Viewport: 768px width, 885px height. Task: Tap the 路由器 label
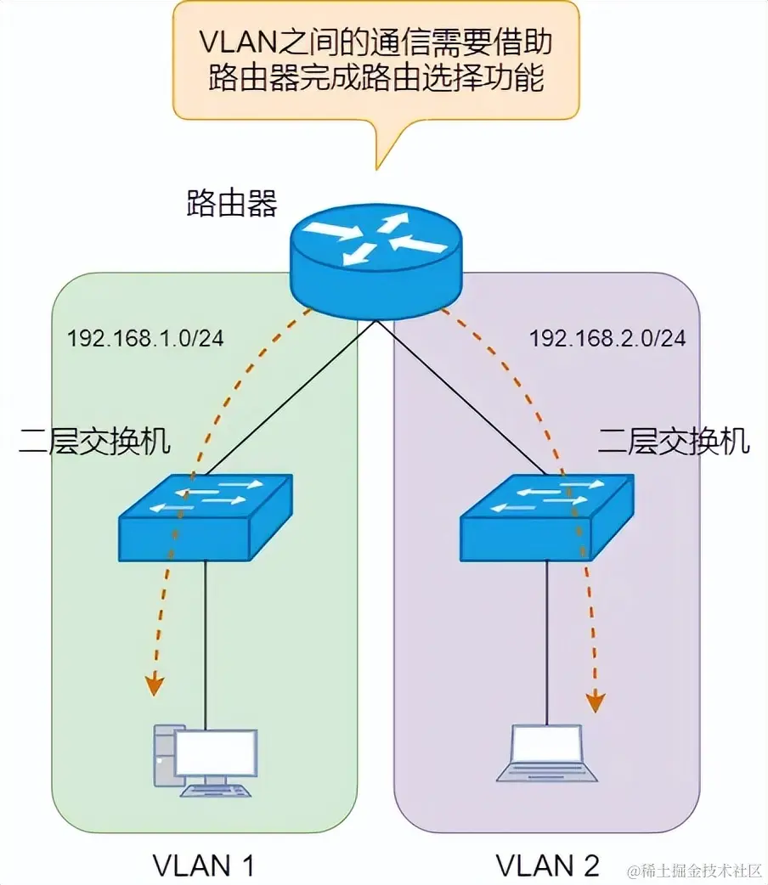pos(231,204)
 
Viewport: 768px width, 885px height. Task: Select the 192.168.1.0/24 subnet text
pos(145,338)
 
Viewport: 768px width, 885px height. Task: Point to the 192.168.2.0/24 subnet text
pos(607,338)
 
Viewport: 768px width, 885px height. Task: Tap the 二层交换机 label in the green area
pos(94,441)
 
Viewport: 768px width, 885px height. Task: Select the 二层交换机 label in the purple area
pos(674,441)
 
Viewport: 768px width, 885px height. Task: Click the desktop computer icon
pos(204,760)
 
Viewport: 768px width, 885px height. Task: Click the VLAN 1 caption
pos(204,865)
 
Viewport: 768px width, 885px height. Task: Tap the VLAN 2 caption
pos(548,865)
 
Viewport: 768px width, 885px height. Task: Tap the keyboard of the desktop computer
pos(216,791)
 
